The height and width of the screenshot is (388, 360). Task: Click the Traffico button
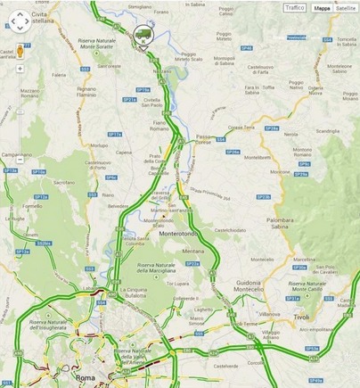pyautogui.click(x=295, y=7)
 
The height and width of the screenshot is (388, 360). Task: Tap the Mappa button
pyautogui.click(x=322, y=7)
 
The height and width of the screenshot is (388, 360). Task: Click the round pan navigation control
pyautogui.click(x=20, y=20)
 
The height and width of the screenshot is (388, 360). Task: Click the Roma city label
pyautogui.click(x=86, y=378)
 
